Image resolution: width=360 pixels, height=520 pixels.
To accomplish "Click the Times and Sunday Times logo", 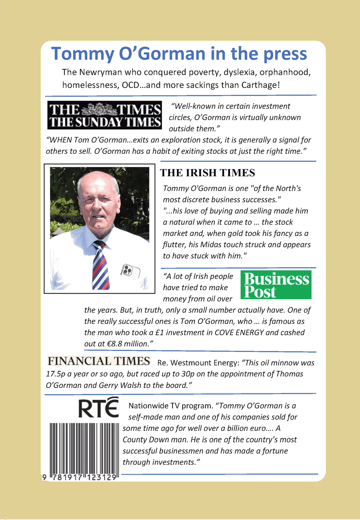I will tap(105, 115).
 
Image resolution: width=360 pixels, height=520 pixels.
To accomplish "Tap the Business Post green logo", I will tap(276, 285).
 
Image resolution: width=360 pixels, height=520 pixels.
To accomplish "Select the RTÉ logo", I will tap(98, 408).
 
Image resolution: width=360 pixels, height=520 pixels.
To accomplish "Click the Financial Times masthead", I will tap(99, 361).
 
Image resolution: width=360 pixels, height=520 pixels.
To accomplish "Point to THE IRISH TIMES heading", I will tap(207, 173).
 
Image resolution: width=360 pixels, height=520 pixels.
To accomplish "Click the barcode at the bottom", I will tap(84, 450).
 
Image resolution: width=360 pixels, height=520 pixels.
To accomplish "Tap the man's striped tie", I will tap(100, 265).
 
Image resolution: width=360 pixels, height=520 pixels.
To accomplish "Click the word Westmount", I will tap(189, 363).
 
